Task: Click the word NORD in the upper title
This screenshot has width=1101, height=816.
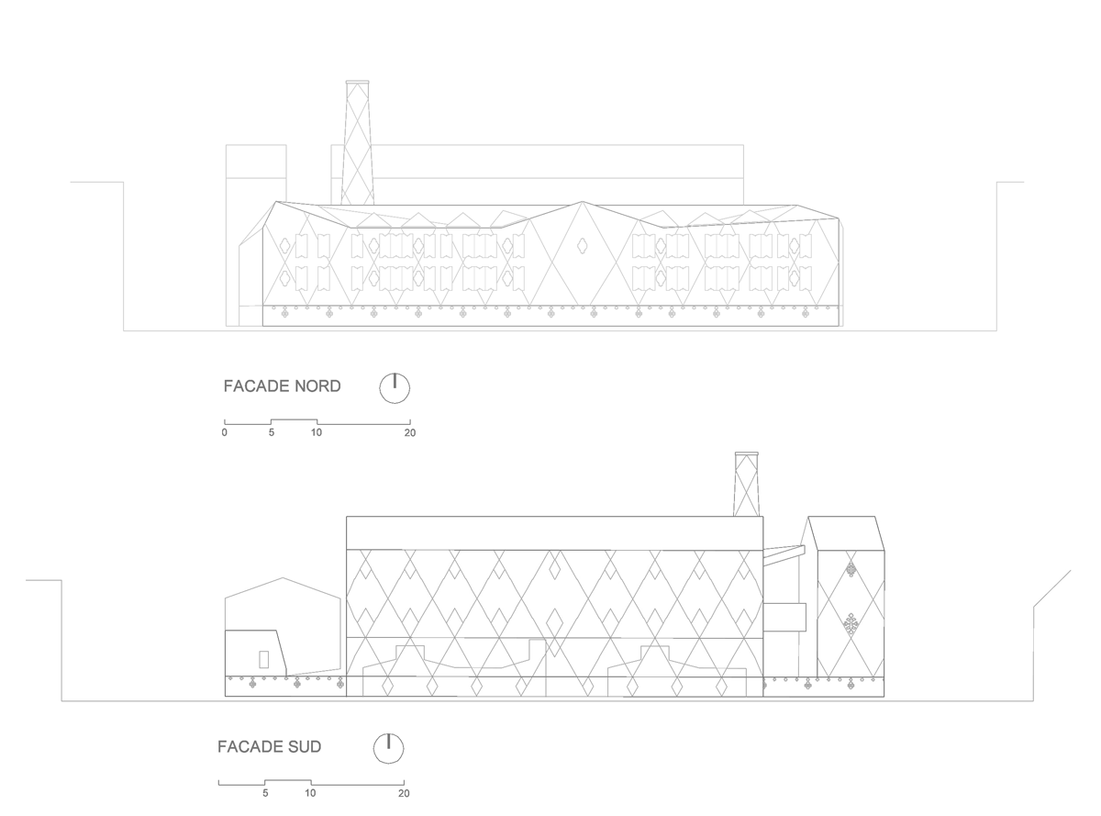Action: click(x=317, y=386)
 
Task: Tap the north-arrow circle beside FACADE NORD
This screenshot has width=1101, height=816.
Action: click(x=395, y=388)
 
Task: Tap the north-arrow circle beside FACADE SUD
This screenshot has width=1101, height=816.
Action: click(x=389, y=748)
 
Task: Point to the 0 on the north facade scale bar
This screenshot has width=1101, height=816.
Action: click(x=225, y=432)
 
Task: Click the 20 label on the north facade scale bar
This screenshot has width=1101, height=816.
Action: click(x=410, y=432)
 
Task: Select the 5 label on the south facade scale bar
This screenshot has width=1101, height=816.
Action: click(x=265, y=793)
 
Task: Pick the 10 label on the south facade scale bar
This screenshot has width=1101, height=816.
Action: click(x=310, y=793)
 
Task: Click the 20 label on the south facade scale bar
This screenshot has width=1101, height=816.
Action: click(x=404, y=793)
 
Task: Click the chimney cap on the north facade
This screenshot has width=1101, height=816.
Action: click(x=358, y=82)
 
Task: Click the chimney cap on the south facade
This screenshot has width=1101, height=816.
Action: click(x=747, y=453)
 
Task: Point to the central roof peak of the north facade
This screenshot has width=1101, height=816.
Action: click(x=583, y=201)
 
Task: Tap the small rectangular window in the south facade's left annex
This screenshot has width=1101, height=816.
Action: click(x=264, y=660)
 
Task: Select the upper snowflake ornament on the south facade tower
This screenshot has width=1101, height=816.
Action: click(x=851, y=569)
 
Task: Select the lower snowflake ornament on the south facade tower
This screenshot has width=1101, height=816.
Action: click(x=851, y=624)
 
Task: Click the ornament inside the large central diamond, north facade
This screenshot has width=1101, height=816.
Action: click(x=583, y=245)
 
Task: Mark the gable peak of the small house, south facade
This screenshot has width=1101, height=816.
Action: click(x=283, y=577)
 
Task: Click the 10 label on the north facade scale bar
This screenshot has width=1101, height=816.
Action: click(x=317, y=432)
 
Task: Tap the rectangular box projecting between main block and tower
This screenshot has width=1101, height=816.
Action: click(x=784, y=617)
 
